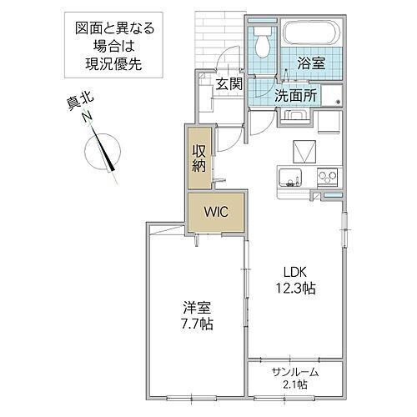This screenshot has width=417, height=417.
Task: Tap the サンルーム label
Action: point(296,372)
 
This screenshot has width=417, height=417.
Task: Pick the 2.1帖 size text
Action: point(296,384)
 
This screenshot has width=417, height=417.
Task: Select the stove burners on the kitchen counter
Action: point(326,176)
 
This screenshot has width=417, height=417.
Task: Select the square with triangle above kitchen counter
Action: point(303,152)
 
